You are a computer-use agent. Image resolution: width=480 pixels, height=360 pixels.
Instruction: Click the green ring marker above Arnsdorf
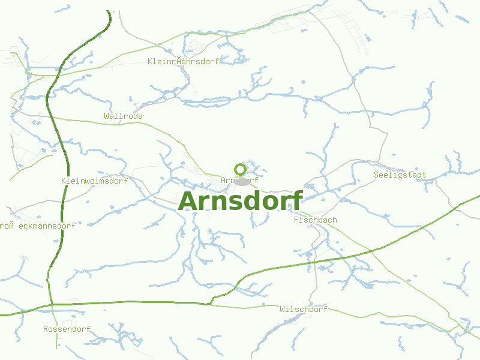click(x=240, y=169)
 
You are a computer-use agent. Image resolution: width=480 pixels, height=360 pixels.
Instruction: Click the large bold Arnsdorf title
click(x=240, y=201)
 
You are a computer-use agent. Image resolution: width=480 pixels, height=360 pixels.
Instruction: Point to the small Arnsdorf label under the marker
click(x=239, y=180)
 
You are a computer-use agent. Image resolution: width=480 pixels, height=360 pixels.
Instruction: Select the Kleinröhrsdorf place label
click(x=183, y=61)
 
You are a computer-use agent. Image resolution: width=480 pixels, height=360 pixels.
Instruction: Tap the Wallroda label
click(x=123, y=116)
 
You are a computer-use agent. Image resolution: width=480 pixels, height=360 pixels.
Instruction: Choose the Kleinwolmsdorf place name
click(x=94, y=181)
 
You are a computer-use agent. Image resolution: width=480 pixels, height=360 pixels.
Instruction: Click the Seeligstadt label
click(x=400, y=175)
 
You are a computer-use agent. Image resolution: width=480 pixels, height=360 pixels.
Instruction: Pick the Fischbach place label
click(x=315, y=220)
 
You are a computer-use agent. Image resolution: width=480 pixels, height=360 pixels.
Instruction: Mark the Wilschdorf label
click(x=304, y=310)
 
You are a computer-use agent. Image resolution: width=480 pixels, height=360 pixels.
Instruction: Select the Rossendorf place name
click(x=67, y=329)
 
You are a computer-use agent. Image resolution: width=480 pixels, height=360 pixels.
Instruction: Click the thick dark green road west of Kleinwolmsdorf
click(x=63, y=180)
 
